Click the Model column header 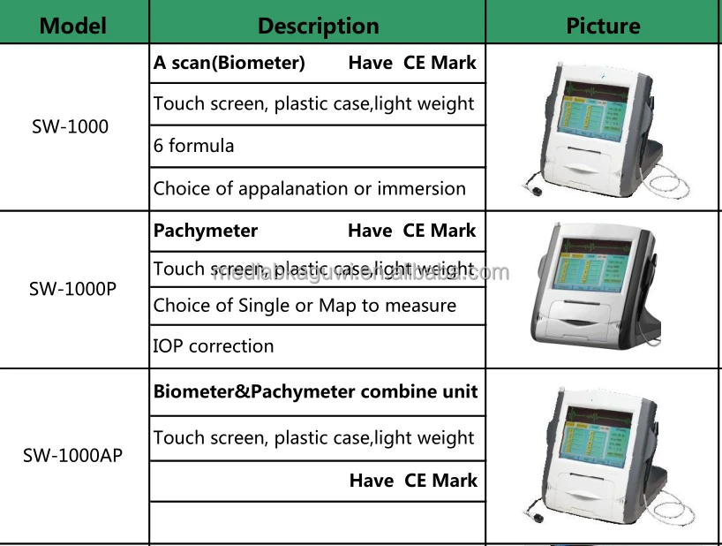point(72,25)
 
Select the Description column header point(318,25)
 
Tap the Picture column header point(603,25)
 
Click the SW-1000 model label point(71,126)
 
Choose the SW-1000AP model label point(72,456)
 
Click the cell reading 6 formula point(194,146)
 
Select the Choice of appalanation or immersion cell point(309,188)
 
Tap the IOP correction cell point(214,346)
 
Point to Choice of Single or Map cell point(305,306)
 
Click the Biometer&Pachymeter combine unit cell point(315,391)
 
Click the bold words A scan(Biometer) point(229,63)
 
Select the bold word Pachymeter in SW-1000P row point(206,231)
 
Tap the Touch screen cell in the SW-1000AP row point(313,437)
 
